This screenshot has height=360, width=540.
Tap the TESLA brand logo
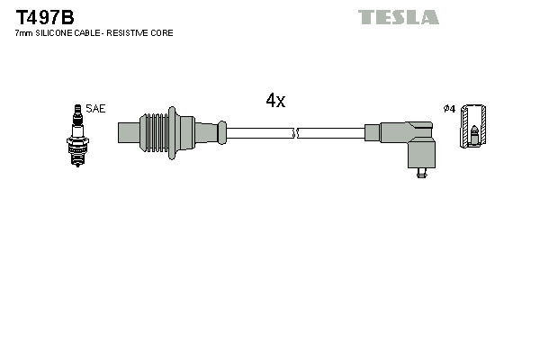point(398,17)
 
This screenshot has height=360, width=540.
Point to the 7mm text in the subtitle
point(24,33)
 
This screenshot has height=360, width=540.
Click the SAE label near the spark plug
point(96,109)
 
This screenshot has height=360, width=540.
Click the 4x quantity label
point(275,102)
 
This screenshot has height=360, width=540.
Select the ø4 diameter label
point(448,109)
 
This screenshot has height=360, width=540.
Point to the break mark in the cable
point(296,132)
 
